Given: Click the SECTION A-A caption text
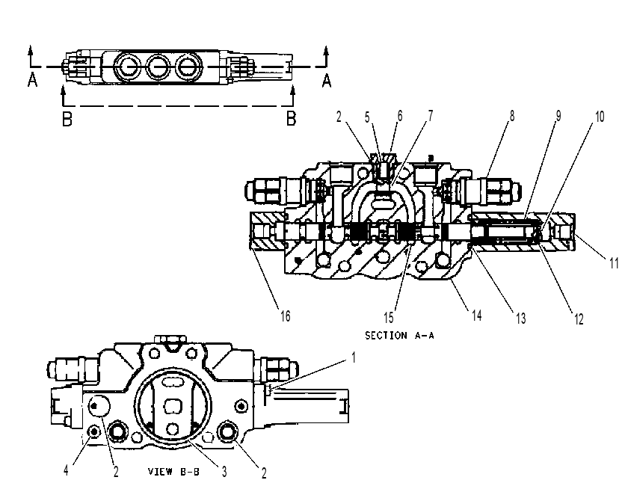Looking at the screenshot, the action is [399, 335].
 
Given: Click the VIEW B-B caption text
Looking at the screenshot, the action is [173, 471].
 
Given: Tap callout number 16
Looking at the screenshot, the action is [285, 316].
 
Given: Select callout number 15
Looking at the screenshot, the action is [389, 318].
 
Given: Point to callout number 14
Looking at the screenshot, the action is [476, 316].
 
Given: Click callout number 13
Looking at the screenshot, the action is [520, 319].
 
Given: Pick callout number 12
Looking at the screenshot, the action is [579, 319].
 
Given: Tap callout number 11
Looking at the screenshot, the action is [614, 263].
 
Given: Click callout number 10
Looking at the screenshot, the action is [599, 117].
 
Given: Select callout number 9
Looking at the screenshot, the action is [558, 116].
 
